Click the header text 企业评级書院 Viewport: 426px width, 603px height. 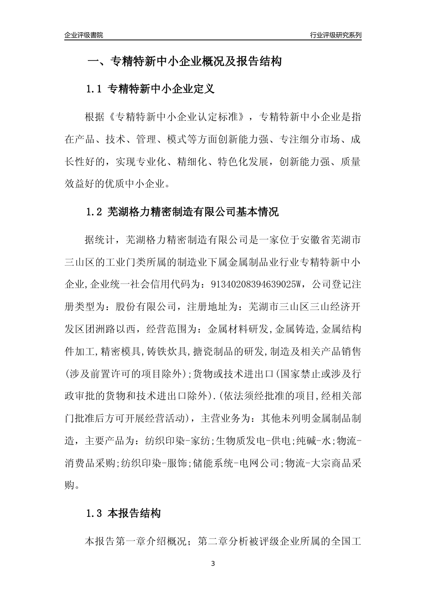click(84, 35)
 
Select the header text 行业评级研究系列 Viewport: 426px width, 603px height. click(335, 35)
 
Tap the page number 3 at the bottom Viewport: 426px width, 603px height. click(213, 564)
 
